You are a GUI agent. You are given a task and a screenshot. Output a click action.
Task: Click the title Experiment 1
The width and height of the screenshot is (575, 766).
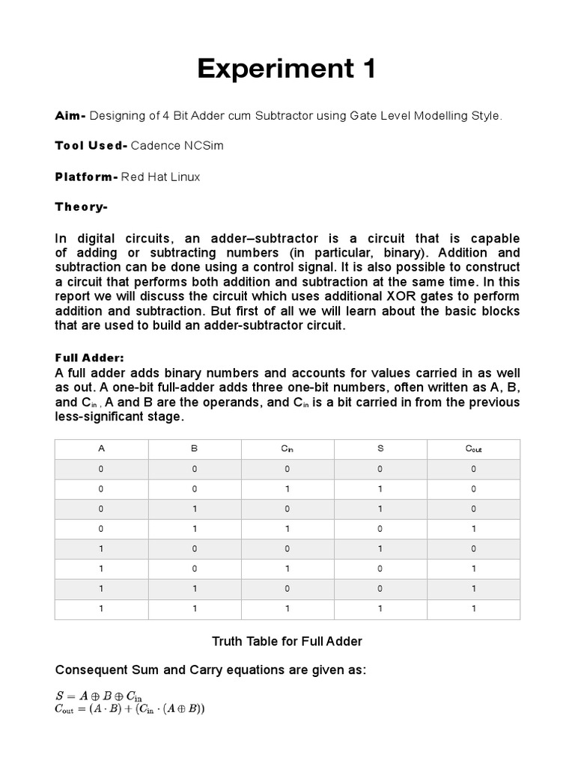(x=287, y=70)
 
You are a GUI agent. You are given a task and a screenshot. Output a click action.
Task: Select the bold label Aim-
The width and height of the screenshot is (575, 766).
(x=71, y=116)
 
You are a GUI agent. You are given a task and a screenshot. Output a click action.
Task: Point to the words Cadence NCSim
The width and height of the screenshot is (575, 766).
(x=177, y=146)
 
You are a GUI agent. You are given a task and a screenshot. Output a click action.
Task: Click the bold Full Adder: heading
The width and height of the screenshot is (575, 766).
(x=88, y=358)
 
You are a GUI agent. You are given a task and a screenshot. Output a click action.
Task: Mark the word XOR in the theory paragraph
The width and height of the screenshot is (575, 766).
(x=407, y=295)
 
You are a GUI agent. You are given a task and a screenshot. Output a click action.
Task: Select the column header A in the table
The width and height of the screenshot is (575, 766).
(x=101, y=449)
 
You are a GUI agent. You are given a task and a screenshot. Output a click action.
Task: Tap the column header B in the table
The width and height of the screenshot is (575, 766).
(x=194, y=449)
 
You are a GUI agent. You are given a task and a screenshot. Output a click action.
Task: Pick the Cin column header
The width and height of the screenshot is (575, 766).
(x=287, y=449)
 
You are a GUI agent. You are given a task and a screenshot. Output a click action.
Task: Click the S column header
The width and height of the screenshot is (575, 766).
(x=380, y=449)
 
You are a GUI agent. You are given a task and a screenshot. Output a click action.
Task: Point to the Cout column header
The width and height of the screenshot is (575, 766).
(x=473, y=449)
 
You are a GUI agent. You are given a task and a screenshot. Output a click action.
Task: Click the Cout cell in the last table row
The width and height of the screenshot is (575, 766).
(x=473, y=609)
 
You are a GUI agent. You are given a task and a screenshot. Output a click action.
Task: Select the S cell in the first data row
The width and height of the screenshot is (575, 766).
(x=380, y=469)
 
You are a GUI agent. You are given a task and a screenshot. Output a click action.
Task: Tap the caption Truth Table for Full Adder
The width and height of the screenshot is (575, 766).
(x=287, y=641)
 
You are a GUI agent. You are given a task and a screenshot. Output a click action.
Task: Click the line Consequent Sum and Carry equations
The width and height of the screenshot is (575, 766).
(x=210, y=670)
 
